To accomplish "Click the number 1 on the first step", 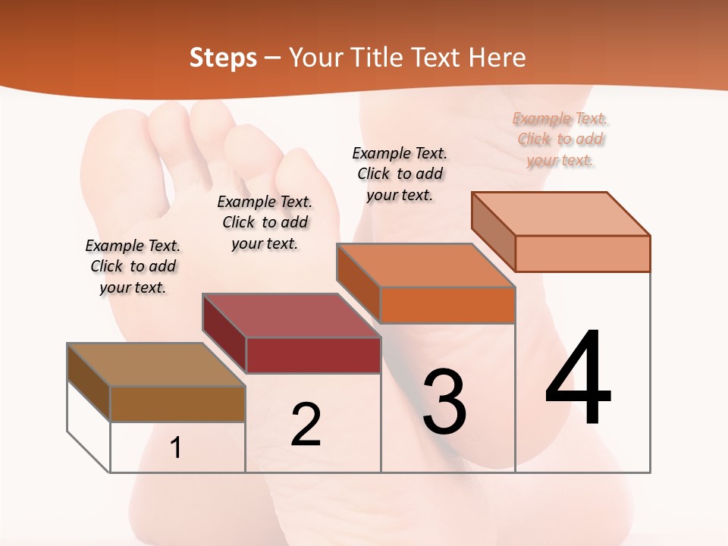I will [176, 448].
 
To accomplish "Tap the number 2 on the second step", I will [306, 425].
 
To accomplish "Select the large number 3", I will [444, 401].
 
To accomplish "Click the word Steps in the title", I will [223, 58].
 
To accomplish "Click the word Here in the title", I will [498, 58].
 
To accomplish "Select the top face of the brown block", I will [155, 365].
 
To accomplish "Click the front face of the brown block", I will [177, 403].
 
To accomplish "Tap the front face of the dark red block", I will [312, 355].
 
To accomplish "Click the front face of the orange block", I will [447, 305].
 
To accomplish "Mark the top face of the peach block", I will [560, 214].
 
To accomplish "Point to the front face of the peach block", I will [582, 253].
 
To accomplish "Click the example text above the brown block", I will [133, 267].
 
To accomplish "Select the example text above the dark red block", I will [265, 222].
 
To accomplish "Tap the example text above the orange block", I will [400, 174].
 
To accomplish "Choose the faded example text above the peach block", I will [560, 139].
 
